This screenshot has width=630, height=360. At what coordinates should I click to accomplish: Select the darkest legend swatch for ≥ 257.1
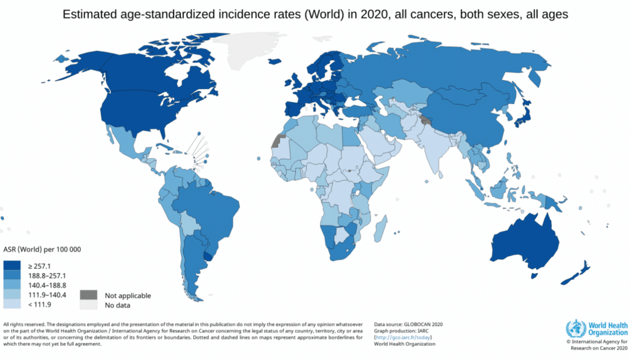coord(13,265)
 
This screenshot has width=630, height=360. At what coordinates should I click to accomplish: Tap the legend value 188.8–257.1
coord(47,276)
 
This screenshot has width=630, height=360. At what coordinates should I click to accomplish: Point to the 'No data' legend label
coord(118,305)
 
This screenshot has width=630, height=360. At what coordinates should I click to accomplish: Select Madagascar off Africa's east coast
coord(381,226)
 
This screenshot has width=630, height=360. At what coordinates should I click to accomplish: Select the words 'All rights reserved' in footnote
coord(23,324)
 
